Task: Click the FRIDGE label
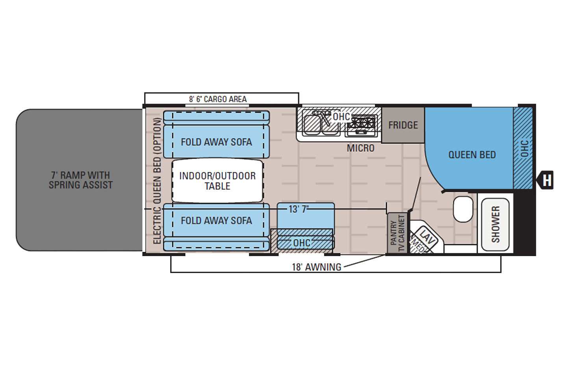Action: coord(403,125)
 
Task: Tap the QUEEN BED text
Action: coord(472,155)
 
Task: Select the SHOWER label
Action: coord(495,224)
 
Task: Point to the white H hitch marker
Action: coord(547,180)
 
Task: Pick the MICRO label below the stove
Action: coord(360,148)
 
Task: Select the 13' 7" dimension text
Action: coord(298,209)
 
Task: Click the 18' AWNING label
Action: coord(316,267)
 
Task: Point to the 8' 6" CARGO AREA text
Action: coord(218,99)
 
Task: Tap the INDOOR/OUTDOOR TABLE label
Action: coord(217,181)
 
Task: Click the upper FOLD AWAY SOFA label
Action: coord(216,142)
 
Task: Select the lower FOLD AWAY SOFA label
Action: coord(216,221)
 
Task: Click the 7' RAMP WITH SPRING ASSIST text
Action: coord(81,180)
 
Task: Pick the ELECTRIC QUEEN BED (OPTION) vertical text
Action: coord(157,181)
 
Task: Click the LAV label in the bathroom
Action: coord(426,236)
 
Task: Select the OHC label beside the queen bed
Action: coord(524,148)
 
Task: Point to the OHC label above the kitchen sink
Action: coord(341,116)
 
